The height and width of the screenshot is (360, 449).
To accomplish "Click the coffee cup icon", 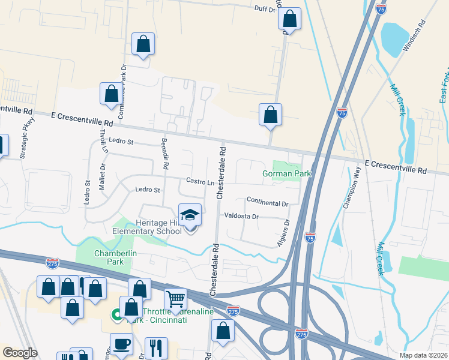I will (x=122, y=344).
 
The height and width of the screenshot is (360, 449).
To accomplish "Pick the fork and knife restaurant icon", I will (x=156, y=347).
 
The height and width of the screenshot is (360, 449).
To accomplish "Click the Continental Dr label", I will (x=268, y=202).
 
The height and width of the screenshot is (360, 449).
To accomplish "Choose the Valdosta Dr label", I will (x=241, y=216).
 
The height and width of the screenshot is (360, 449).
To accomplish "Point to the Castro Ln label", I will (x=200, y=181).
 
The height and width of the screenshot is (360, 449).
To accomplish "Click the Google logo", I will (x=20, y=353).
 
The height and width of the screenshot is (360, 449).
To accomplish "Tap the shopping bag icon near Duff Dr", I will (x=289, y=19).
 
